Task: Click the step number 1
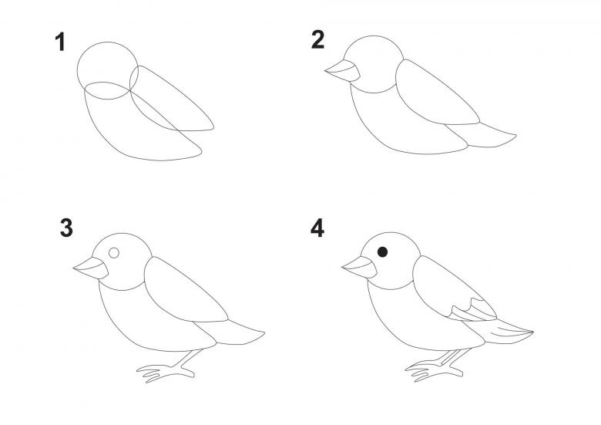(60, 42)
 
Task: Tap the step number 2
(317, 39)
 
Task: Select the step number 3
(66, 228)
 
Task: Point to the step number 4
(317, 228)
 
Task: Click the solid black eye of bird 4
(382, 252)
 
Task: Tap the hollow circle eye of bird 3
(114, 253)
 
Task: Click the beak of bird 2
(343, 71)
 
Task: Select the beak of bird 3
(91, 268)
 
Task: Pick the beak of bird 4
(360, 267)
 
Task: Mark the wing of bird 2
(437, 93)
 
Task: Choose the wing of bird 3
(186, 290)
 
